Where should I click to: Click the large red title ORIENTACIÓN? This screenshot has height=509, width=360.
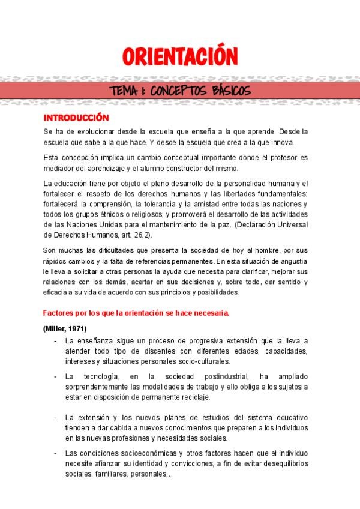[x=180, y=57]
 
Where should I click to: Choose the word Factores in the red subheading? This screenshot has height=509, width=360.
[x=59, y=313]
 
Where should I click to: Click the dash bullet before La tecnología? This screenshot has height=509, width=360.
[x=55, y=376]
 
